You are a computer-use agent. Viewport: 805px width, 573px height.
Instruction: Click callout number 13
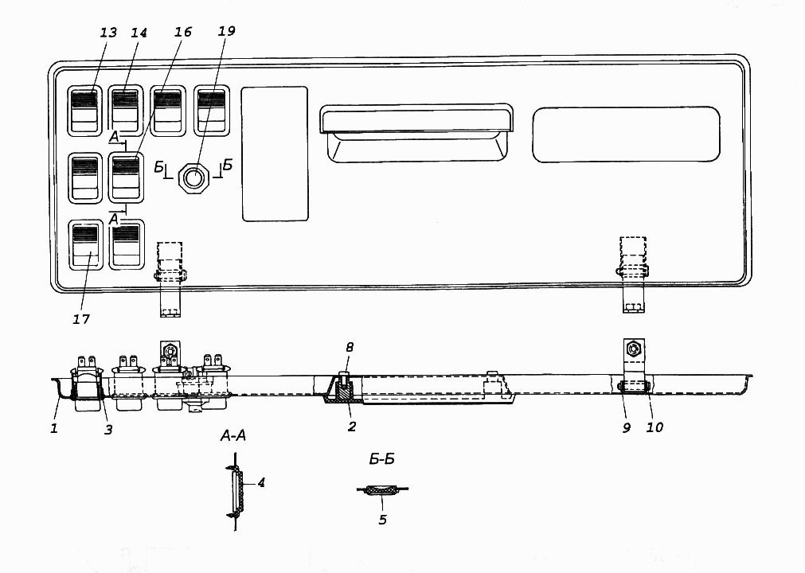(108, 33)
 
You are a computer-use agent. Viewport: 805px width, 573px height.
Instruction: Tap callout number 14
(139, 33)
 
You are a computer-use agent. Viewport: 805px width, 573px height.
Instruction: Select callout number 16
(183, 32)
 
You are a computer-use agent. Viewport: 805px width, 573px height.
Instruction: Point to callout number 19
(226, 31)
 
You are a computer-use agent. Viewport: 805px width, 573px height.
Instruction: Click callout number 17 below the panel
(81, 319)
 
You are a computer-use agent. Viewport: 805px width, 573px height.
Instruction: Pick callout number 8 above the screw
(350, 347)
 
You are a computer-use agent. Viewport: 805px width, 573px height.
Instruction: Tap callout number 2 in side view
(352, 427)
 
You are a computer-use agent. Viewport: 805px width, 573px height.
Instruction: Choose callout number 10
(655, 427)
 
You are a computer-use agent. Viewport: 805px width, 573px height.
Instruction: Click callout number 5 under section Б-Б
(382, 520)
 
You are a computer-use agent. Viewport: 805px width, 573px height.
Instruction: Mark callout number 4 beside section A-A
(261, 483)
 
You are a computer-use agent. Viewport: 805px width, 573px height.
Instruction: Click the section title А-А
(233, 436)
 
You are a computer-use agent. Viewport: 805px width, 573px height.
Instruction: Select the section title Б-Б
(382, 459)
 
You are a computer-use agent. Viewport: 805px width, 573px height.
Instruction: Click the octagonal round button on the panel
(193, 178)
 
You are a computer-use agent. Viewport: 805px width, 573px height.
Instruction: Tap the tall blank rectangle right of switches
(275, 154)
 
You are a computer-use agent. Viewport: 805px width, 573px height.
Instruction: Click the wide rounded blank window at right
(627, 135)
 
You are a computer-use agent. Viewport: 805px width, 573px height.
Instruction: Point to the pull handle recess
(416, 133)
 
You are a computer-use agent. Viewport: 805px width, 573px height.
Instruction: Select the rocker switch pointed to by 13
(84, 111)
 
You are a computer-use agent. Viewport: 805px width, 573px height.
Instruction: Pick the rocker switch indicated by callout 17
(85, 244)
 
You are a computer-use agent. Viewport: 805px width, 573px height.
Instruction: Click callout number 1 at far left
(54, 428)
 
